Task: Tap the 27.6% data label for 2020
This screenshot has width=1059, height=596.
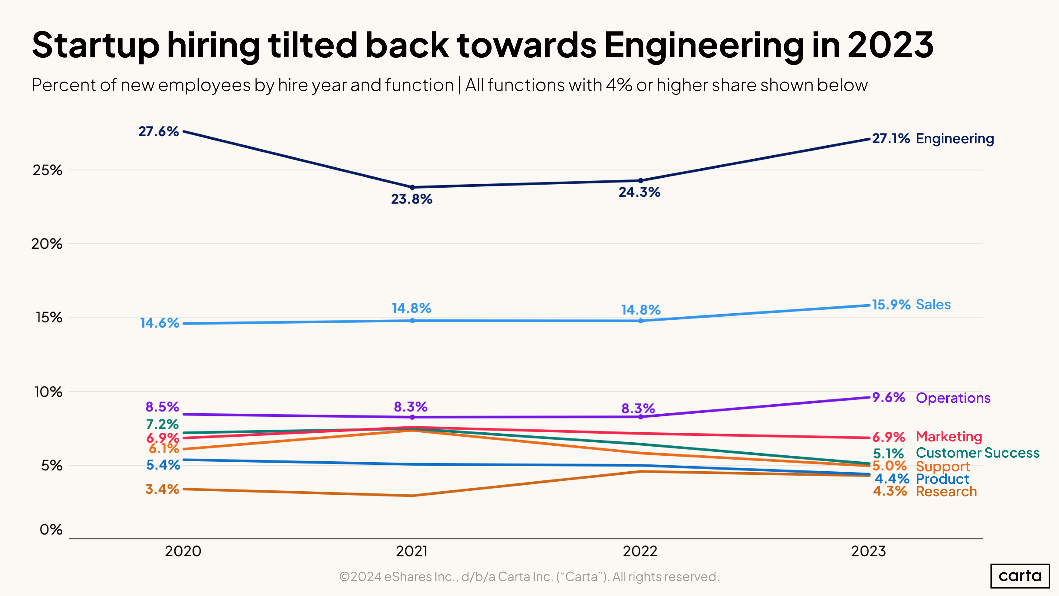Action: [x=158, y=132]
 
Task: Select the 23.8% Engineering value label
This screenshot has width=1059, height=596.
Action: [x=411, y=199]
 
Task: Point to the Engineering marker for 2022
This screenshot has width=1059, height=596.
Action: [x=640, y=180]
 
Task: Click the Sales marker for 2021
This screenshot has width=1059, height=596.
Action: [x=412, y=320]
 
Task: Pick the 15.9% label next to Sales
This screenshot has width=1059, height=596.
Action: [x=891, y=305]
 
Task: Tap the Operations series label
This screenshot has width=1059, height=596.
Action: [x=953, y=398]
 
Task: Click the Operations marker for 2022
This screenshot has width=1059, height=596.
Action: [x=640, y=417]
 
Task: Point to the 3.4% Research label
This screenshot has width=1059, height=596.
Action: [x=162, y=489]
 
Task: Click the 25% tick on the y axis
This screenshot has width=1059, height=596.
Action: [x=48, y=170]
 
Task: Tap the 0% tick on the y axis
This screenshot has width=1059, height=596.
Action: [x=51, y=529]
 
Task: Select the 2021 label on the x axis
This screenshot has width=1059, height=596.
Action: [x=411, y=551]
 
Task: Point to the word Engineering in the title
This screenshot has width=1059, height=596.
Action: [x=703, y=45]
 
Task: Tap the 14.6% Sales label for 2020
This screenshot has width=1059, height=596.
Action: [x=159, y=323]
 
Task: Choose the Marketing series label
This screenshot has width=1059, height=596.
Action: [x=948, y=436]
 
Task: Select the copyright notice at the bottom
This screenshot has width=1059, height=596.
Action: [x=529, y=577]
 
